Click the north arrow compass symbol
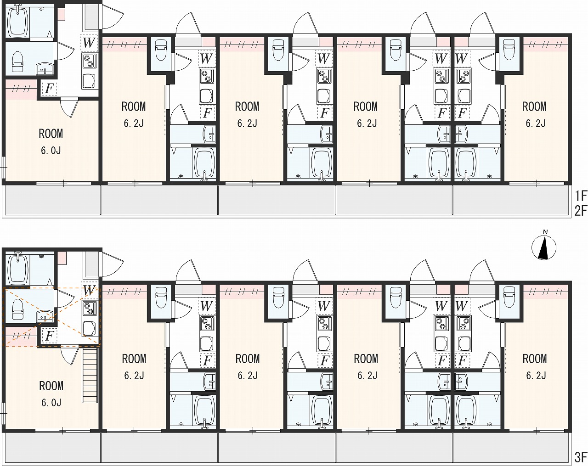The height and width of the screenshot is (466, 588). pyautogui.click(x=543, y=248)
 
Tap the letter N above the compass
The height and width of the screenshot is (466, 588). pyautogui.click(x=545, y=232)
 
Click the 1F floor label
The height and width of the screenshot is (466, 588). pyautogui.click(x=581, y=196)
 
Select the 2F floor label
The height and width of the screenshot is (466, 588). pyautogui.click(x=581, y=211)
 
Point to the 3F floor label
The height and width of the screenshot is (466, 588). pyautogui.click(x=581, y=456)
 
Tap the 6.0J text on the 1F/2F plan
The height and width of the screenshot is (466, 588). pyautogui.click(x=51, y=150)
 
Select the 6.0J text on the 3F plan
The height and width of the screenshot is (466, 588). pyautogui.click(x=51, y=403)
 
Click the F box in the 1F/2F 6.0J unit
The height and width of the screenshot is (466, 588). pyautogui.click(x=49, y=88)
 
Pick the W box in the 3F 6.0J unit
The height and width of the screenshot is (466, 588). pyautogui.click(x=89, y=290)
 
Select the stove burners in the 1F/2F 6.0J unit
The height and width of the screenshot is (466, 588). pyautogui.click(x=89, y=61)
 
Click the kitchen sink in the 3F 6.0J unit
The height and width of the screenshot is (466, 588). pyautogui.click(x=89, y=329)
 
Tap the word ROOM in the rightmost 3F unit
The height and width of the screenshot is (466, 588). pyautogui.click(x=535, y=359)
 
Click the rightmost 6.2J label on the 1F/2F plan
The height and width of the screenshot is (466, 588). pyautogui.click(x=536, y=124)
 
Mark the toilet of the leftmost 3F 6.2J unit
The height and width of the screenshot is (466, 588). pyautogui.click(x=161, y=298)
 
